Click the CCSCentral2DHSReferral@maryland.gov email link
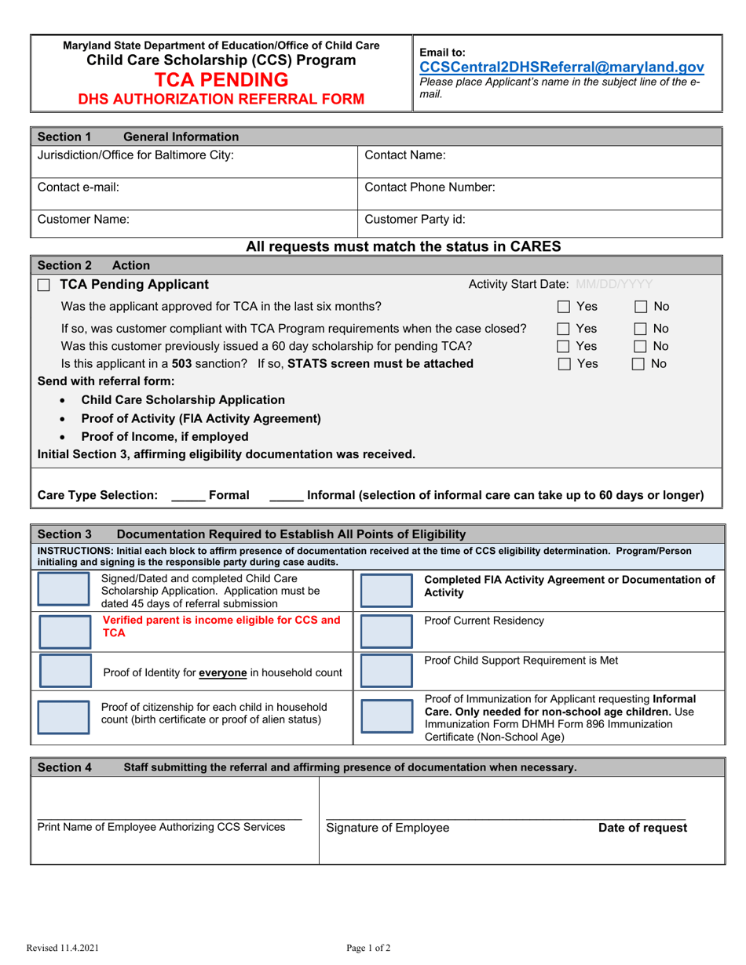(x=562, y=67)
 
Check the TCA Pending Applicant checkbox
(x=45, y=285)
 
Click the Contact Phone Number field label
(x=430, y=188)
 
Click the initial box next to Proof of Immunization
(x=386, y=716)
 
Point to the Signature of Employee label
(x=388, y=828)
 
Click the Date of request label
(x=642, y=828)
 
